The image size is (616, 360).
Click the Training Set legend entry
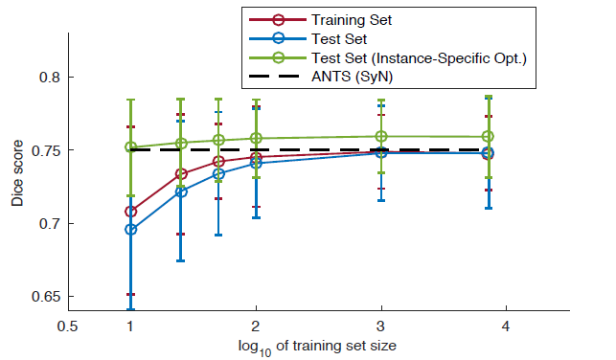coord(352,20)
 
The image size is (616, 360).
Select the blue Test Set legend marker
coord(278,38)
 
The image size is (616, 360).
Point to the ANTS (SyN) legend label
coord(352,77)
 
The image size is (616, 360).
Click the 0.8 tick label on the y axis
coord(50,77)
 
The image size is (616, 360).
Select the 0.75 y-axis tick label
coord(46,150)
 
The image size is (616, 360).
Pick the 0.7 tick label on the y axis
coord(50,224)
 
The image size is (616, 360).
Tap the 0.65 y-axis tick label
coord(46,297)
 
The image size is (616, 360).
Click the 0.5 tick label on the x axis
coord(68,326)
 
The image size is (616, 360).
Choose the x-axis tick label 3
coord(380,326)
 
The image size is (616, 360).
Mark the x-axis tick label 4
coord(506,326)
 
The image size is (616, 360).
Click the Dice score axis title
coord(17,173)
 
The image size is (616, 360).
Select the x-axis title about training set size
coord(317,347)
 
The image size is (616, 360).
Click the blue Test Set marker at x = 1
coord(131,230)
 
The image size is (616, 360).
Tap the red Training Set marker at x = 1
coord(131,212)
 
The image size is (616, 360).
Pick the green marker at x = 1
coord(131,147)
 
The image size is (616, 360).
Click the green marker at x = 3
coord(381,137)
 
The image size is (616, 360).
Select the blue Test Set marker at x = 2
coord(256,163)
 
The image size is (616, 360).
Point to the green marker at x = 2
coord(256,138)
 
